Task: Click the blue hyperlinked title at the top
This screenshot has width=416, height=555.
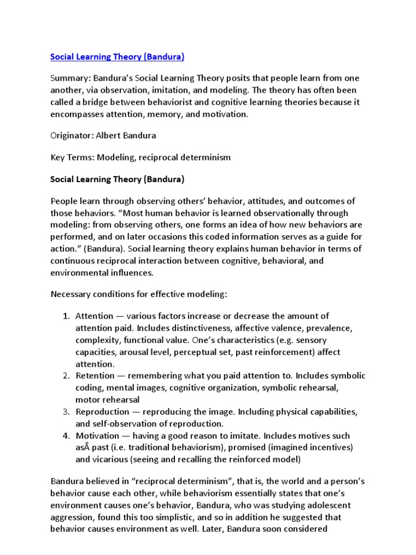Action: click(x=117, y=56)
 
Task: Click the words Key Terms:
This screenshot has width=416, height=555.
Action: click(x=71, y=157)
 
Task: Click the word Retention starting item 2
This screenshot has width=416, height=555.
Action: click(x=95, y=376)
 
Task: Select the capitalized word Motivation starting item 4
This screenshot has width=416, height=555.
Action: click(x=97, y=436)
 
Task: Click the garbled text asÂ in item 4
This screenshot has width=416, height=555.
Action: click(x=82, y=448)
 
